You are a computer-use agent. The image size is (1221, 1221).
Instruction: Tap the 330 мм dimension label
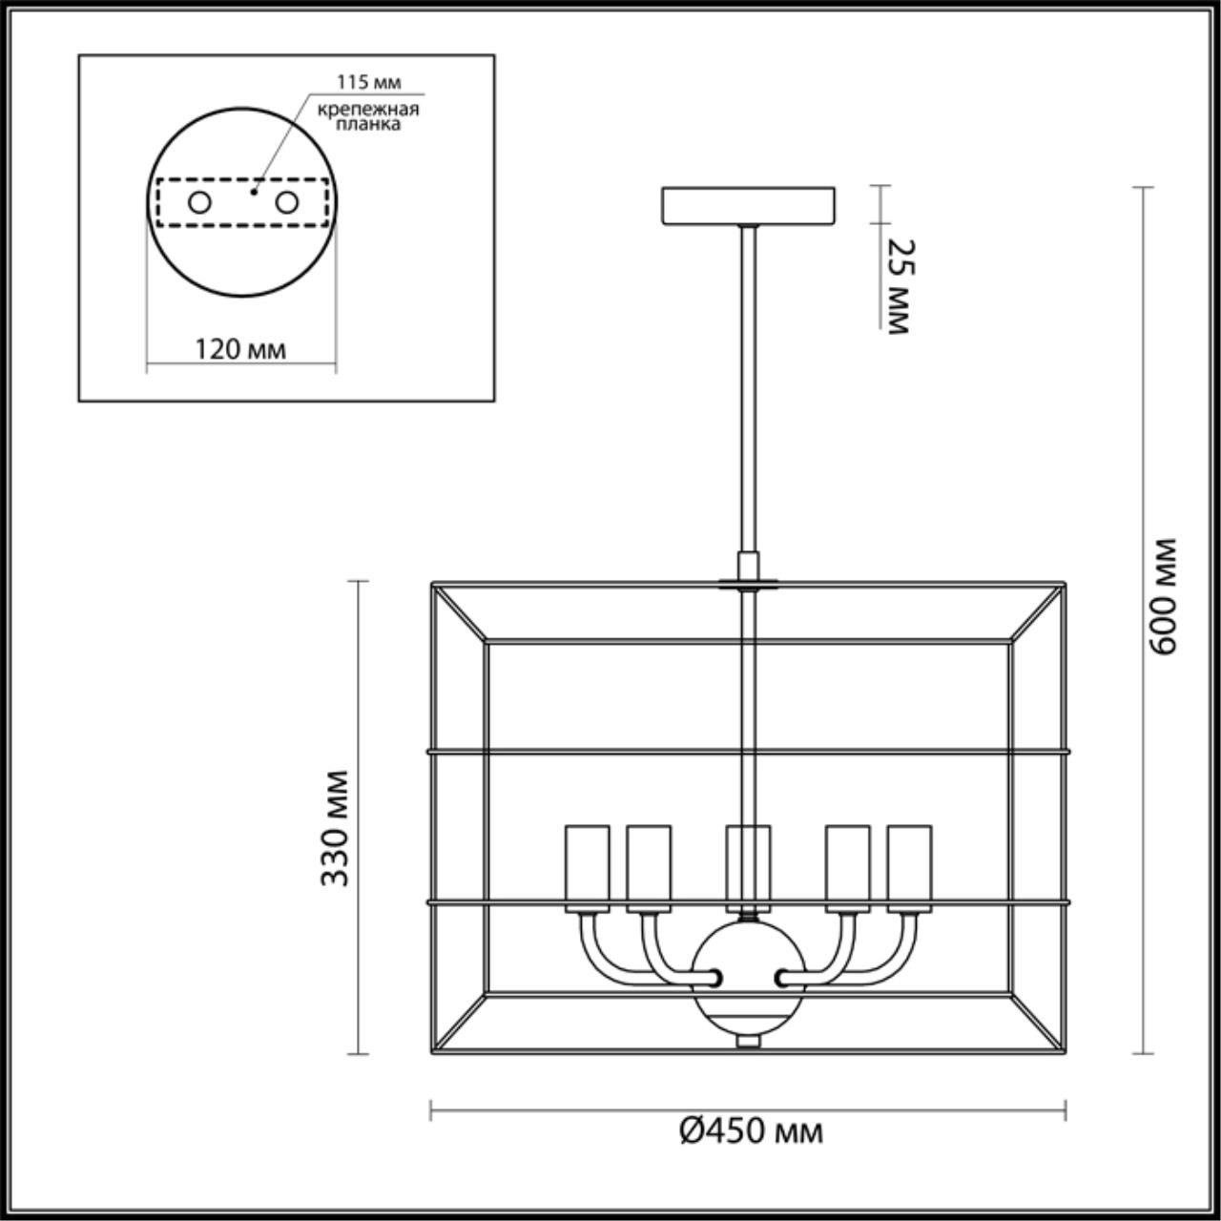pos(334,827)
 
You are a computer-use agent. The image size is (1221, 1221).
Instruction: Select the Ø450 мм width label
pos(752,1131)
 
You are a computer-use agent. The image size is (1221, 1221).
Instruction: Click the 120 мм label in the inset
pos(240,349)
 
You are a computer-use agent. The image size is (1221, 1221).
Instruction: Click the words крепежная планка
pos(368,116)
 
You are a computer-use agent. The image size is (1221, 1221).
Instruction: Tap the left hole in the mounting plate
pos(199,202)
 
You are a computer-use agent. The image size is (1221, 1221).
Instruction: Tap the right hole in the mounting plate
pos(286,202)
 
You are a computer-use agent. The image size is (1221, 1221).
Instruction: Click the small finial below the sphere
pos(749,1043)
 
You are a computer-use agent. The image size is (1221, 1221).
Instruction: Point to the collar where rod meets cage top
pos(749,580)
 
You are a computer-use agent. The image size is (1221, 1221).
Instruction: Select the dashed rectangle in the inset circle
pos(241,181)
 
